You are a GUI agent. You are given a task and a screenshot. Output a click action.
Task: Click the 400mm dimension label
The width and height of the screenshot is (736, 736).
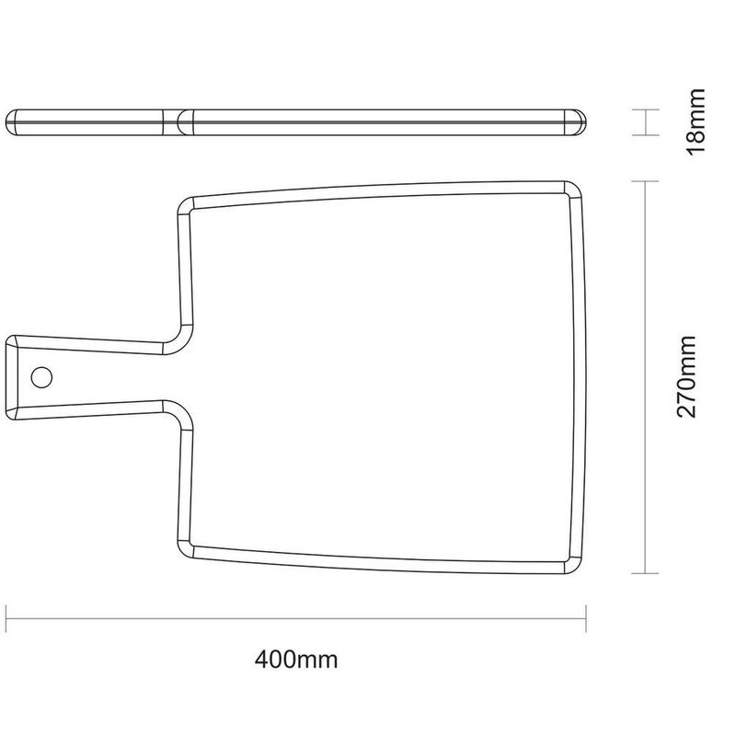tap(297, 659)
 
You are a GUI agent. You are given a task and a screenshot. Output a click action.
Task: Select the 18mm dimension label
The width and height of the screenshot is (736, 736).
tap(696, 121)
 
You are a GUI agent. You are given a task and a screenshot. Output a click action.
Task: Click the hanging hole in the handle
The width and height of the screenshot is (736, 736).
tap(41, 376)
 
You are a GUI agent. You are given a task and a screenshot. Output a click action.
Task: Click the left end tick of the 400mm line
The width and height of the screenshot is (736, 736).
tap(7, 618)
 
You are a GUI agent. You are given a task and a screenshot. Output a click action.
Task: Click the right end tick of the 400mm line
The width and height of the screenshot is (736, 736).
tap(587, 618)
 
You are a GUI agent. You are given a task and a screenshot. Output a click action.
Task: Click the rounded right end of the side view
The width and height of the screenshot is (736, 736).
tap(581, 121)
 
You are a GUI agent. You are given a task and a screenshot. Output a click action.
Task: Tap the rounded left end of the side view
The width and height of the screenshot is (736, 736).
tap(11, 121)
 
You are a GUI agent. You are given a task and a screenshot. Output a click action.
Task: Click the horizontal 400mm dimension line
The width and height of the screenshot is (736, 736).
tap(297, 618)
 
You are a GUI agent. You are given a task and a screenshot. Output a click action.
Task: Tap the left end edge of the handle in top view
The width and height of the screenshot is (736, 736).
tap(8, 376)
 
